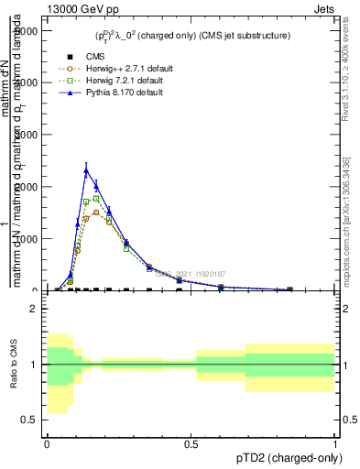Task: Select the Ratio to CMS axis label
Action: [x=14, y=365]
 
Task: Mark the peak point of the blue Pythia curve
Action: [x=86, y=170]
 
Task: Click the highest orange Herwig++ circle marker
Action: [x=96, y=213]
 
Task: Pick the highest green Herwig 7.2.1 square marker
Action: [x=96, y=198]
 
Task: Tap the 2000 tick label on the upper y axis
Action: [x=24, y=187]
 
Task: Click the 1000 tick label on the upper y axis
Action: [x=24, y=239]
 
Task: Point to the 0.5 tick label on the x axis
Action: [x=191, y=443]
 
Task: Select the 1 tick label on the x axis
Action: [x=335, y=443]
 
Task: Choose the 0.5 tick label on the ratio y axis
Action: [x=29, y=420]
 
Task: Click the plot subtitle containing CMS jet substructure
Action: [x=193, y=36]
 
